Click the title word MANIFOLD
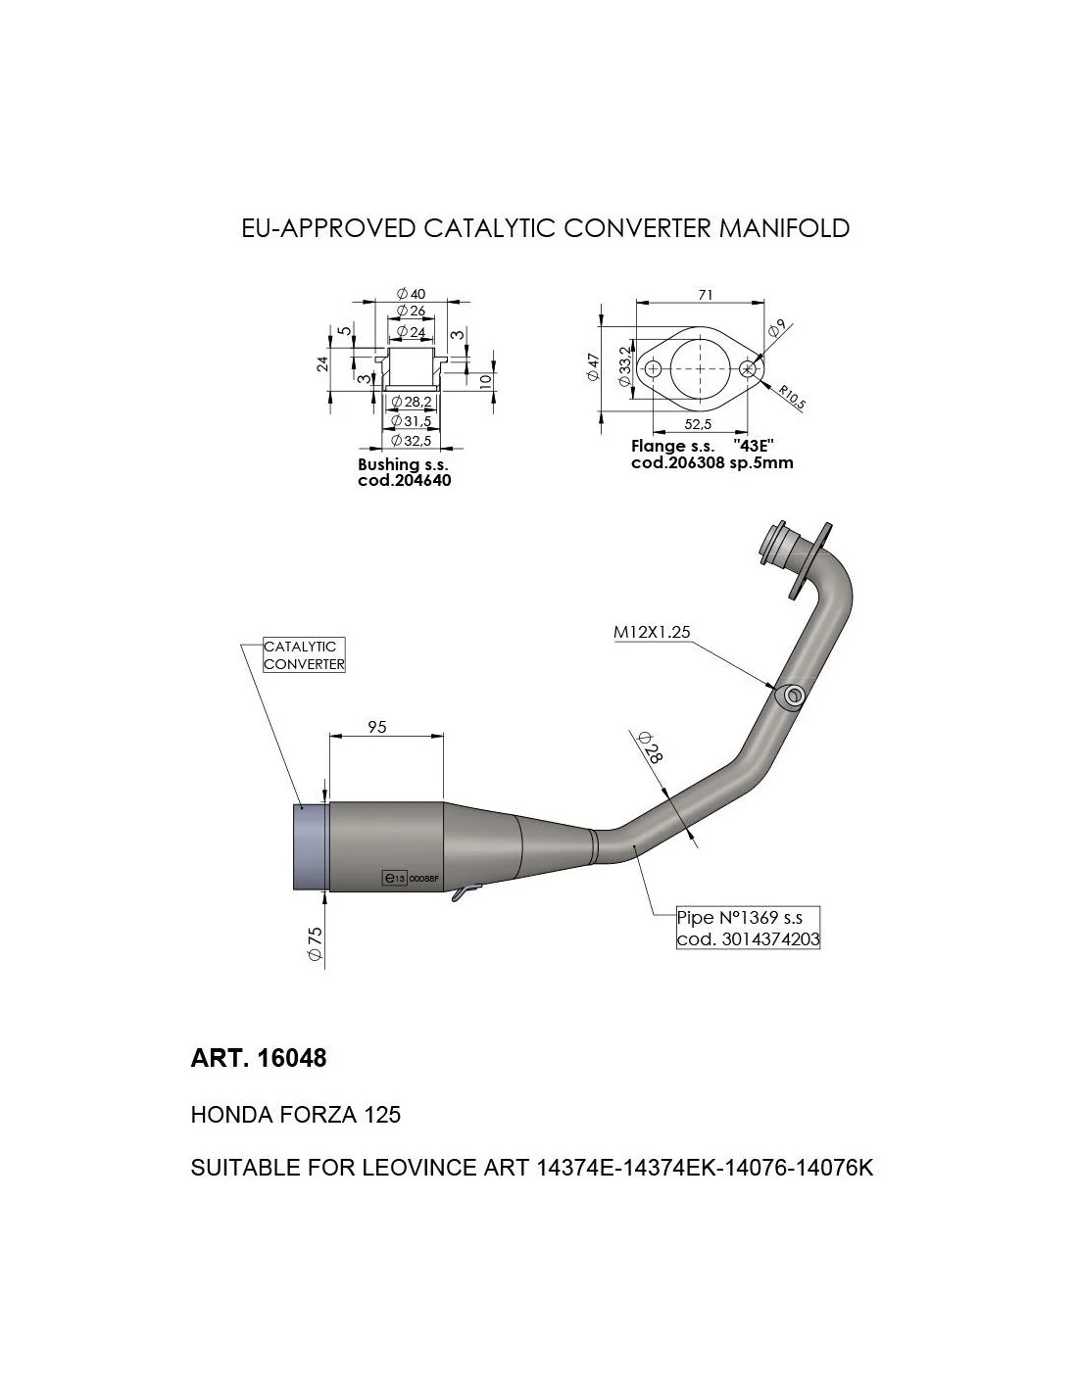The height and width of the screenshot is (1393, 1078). [x=784, y=228]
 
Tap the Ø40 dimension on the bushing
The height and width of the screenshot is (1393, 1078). [x=411, y=294]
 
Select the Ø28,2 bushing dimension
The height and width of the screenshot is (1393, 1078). [x=411, y=402]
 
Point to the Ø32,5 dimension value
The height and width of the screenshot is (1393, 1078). [x=411, y=441]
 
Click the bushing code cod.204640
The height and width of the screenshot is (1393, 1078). [x=404, y=480]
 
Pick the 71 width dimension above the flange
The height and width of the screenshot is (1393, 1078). [x=705, y=295]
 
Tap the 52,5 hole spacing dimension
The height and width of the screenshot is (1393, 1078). [x=698, y=424]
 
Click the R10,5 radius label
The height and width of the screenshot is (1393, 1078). [x=791, y=397]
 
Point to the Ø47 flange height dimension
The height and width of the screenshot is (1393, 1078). [x=593, y=366]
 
